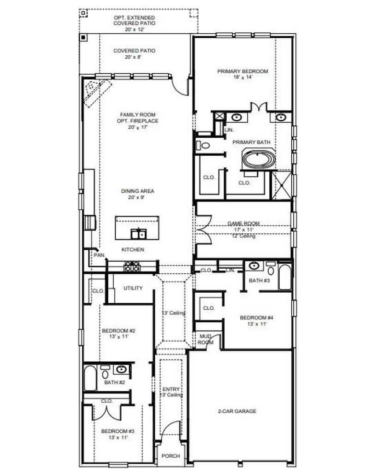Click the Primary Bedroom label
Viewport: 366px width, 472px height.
click(242, 71)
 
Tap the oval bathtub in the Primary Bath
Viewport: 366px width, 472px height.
click(259, 159)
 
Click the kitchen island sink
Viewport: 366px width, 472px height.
click(139, 234)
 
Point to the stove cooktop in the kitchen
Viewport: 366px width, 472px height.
click(132, 266)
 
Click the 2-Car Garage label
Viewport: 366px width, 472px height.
click(237, 411)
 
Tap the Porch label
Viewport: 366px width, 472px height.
click(171, 456)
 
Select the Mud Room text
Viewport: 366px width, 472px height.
click(206, 339)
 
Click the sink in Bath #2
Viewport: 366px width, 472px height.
click(122, 369)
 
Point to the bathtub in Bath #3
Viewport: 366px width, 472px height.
click(285, 277)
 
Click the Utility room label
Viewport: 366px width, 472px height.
click(133, 288)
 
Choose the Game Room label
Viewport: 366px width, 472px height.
click(243, 224)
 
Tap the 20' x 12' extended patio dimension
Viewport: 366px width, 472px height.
click(135, 29)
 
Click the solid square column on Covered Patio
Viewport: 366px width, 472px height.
click(83, 37)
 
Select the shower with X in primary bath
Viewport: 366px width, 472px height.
click(282, 185)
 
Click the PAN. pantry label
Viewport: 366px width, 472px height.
click(99, 255)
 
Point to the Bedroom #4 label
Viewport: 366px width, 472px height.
click(256, 318)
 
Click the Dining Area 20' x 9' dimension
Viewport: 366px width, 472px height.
click(137, 197)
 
